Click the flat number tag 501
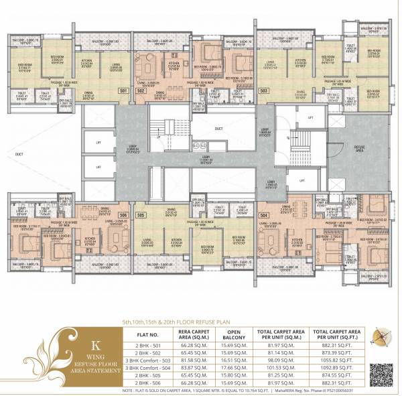[x=123, y=90]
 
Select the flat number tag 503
[x=264, y=90]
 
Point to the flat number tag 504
[x=263, y=215]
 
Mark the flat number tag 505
[x=141, y=215]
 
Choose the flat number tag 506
[x=123, y=215]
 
